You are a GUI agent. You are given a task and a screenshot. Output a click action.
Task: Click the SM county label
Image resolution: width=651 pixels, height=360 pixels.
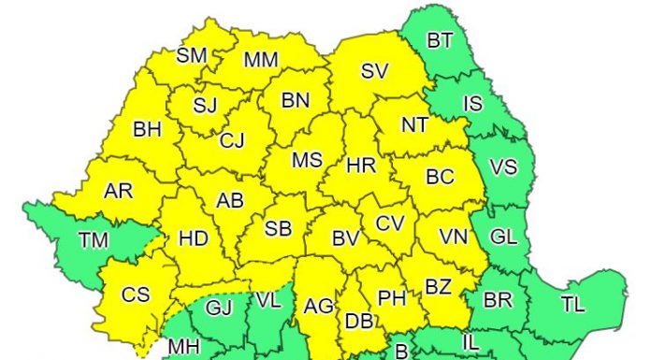[192, 55]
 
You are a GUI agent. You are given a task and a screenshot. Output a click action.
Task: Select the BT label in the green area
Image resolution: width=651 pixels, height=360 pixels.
[439, 41]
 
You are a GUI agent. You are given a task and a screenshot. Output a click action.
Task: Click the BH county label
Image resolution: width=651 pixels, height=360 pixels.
[147, 130]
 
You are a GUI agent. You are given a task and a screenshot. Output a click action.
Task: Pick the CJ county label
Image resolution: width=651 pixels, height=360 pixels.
[232, 141]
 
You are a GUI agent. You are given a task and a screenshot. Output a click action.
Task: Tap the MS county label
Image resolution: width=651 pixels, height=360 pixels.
[307, 160]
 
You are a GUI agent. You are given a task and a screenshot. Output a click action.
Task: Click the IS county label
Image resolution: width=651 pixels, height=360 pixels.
[473, 104]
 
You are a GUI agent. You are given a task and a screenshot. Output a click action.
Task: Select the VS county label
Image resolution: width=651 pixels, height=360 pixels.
[503, 168]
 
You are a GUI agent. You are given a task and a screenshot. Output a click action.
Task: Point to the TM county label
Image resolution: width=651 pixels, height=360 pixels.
[93, 240]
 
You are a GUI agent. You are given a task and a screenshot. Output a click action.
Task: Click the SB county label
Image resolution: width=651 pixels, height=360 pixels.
[279, 230]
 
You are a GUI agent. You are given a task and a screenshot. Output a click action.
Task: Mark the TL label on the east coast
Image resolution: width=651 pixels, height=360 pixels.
[573, 302]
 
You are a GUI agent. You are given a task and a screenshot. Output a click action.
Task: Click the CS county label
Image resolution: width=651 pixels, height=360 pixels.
[136, 295]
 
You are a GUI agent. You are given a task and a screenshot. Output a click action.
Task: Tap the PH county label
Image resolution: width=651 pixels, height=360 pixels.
[391, 298]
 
